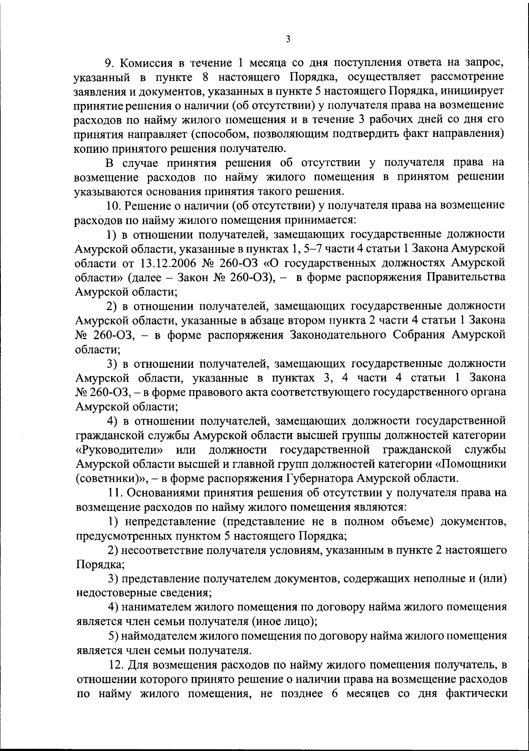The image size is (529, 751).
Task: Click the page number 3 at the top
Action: (x=287, y=39)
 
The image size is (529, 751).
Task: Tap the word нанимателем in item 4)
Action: (x=155, y=607)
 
